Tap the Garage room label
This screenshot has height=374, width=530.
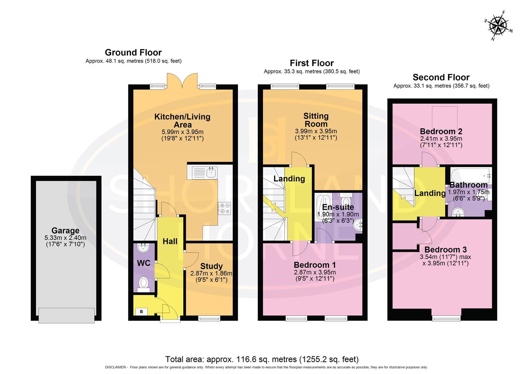[x=65, y=231]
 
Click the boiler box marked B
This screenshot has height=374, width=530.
[x=141, y=312]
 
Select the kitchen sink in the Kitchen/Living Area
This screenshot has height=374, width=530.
[x=202, y=172]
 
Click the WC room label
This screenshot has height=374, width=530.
[x=144, y=263]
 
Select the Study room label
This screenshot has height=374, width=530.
[x=211, y=266]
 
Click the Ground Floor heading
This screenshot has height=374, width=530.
[x=133, y=53]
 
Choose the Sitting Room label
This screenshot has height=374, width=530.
[x=316, y=120]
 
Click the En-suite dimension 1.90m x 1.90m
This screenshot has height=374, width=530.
[x=338, y=215]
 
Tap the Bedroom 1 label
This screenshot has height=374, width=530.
[x=314, y=265]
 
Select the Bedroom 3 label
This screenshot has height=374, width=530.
[x=446, y=250]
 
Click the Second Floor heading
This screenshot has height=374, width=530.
[x=441, y=77]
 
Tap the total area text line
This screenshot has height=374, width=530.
[x=262, y=359]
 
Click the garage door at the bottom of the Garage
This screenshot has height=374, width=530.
[x=66, y=315]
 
